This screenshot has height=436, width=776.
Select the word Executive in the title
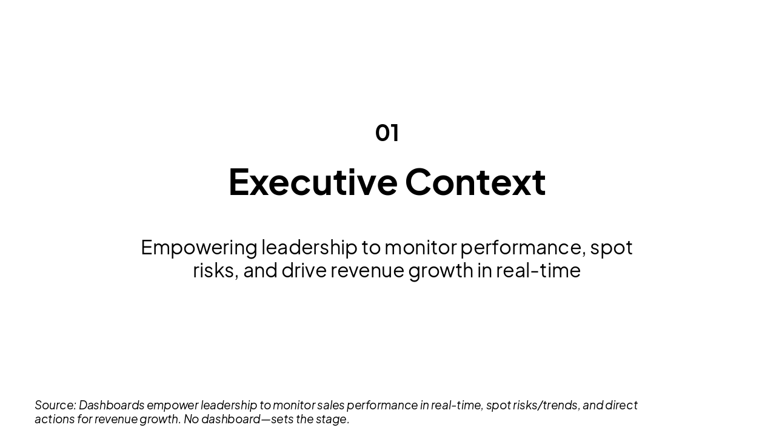click(313, 182)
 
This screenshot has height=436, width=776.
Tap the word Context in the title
click(475, 182)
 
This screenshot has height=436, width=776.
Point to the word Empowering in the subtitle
click(199, 248)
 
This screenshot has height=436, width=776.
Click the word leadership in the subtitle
click(309, 248)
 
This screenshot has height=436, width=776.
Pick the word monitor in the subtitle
click(420, 248)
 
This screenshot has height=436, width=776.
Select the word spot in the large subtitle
click(611, 248)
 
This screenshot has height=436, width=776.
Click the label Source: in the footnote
click(55, 405)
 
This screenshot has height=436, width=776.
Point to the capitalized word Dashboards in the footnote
click(112, 405)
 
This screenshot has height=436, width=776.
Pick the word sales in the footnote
click(330, 405)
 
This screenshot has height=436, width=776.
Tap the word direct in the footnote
click(621, 405)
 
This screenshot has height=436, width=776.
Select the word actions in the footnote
click(54, 419)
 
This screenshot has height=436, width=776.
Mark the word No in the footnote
click(191, 419)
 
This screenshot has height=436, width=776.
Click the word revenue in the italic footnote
click(116, 419)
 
